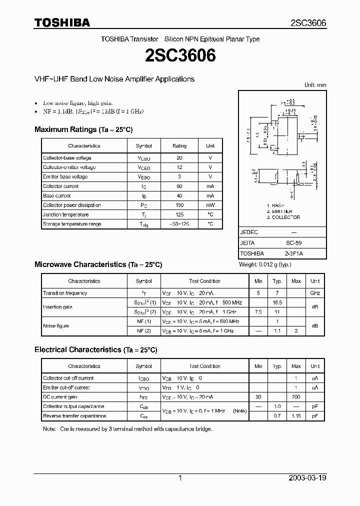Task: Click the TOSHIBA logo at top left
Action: click(x=62, y=22)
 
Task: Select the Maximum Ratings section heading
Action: click(x=83, y=129)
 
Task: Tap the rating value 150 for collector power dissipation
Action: click(x=179, y=205)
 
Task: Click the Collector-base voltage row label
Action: click(x=67, y=158)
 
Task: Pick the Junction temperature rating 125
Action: click(x=179, y=215)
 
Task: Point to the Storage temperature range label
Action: click(x=72, y=224)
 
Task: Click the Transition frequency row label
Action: click(x=65, y=293)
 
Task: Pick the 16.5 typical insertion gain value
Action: click(x=277, y=303)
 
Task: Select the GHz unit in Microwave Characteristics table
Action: click(x=315, y=293)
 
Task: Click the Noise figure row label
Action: click(x=56, y=326)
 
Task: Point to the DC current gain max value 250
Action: click(x=296, y=397)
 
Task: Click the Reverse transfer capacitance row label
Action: click(x=74, y=416)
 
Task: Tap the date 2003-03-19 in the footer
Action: click(x=307, y=478)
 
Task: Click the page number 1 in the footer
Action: click(x=180, y=478)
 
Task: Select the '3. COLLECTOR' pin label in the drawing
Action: click(x=283, y=217)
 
